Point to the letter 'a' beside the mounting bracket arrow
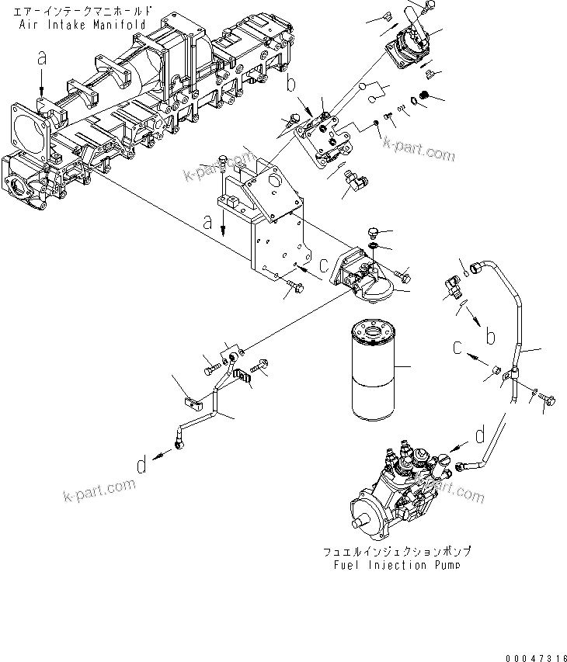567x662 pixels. point(208,222)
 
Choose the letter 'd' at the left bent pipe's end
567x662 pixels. point(141,465)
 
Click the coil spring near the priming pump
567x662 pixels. point(424,96)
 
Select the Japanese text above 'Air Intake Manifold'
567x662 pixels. point(82,12)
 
